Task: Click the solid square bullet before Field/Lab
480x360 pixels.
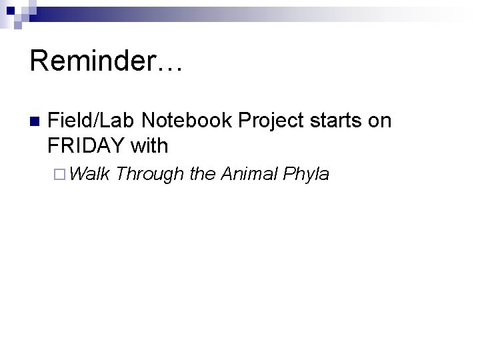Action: pos(35,122)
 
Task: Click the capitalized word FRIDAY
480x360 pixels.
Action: pos(87,145)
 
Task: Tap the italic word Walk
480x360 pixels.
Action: pos(89,174)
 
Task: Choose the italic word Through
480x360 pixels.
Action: pos(149,174)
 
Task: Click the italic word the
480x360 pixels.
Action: pos(201,174)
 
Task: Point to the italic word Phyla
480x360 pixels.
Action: pos(306,174)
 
